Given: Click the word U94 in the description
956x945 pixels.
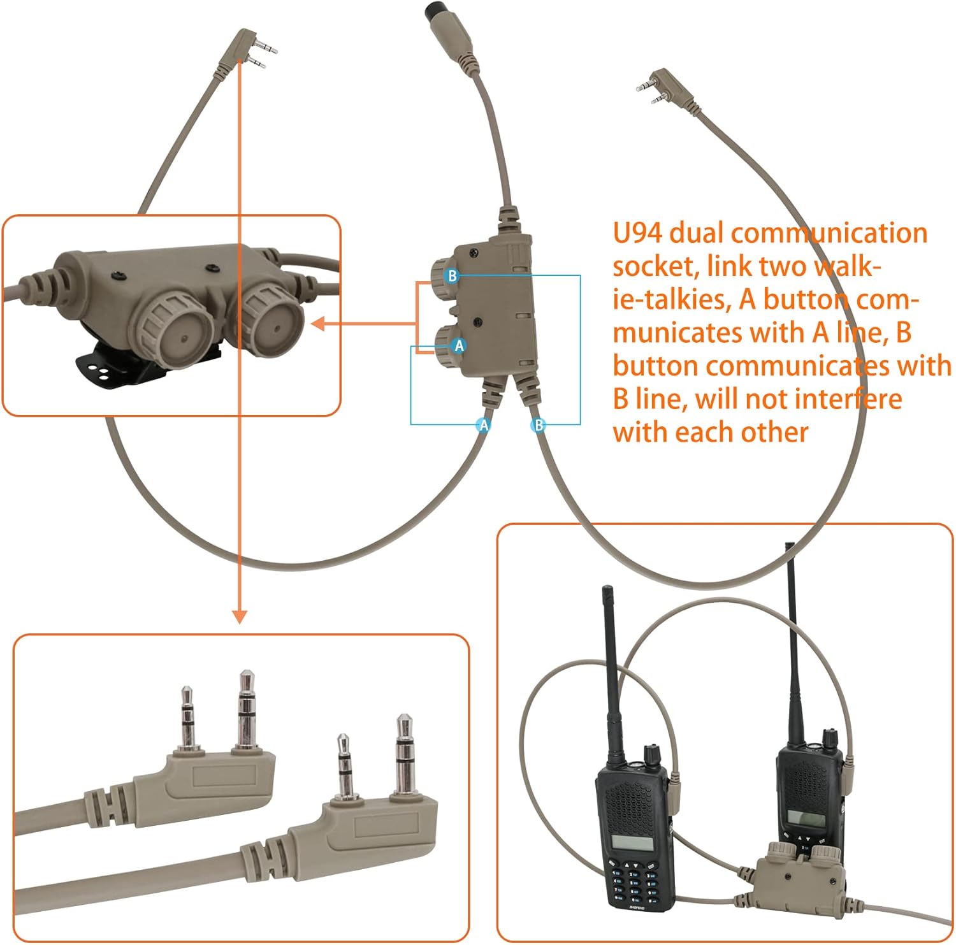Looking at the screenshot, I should tap(637, 233).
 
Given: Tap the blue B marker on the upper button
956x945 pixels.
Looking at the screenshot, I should tap(452, 276).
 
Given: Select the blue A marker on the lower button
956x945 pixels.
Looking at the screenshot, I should tap(458, 346).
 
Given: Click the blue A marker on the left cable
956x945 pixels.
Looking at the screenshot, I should tap(484, 425).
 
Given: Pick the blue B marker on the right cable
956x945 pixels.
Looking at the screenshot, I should tap(539, 425).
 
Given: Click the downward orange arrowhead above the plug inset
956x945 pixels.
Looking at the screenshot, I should tap(239, 616).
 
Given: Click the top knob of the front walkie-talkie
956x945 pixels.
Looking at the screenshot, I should tap(651, 754).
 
